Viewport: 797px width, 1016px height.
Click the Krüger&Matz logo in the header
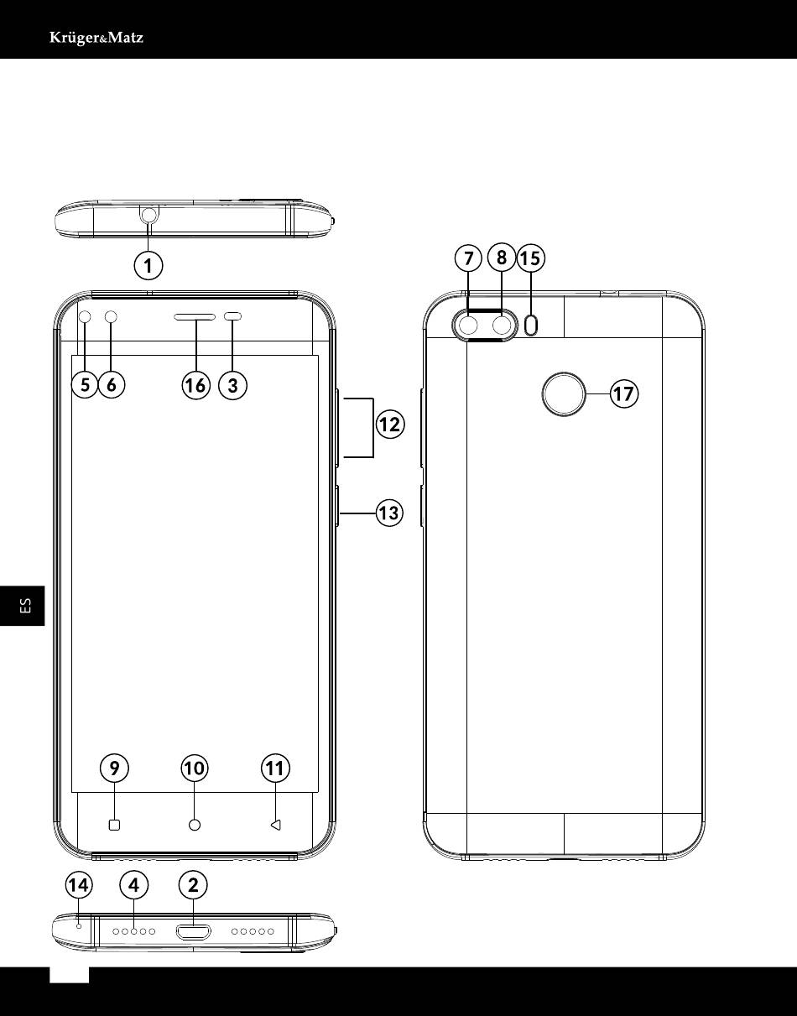(96, 38)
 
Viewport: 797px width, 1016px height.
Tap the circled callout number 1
(148, 266)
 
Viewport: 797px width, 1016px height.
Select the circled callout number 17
(624, 393)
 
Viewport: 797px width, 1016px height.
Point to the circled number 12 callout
(390, 425)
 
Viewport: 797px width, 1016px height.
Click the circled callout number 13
(389, 513)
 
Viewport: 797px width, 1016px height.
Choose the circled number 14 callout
(79, 885)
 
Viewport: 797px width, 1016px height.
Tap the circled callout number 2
(193, 885)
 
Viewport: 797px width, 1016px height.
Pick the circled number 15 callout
(531, 258)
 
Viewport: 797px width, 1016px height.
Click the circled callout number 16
(195, 386)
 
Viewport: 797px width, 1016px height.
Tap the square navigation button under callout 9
(115, 826)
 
